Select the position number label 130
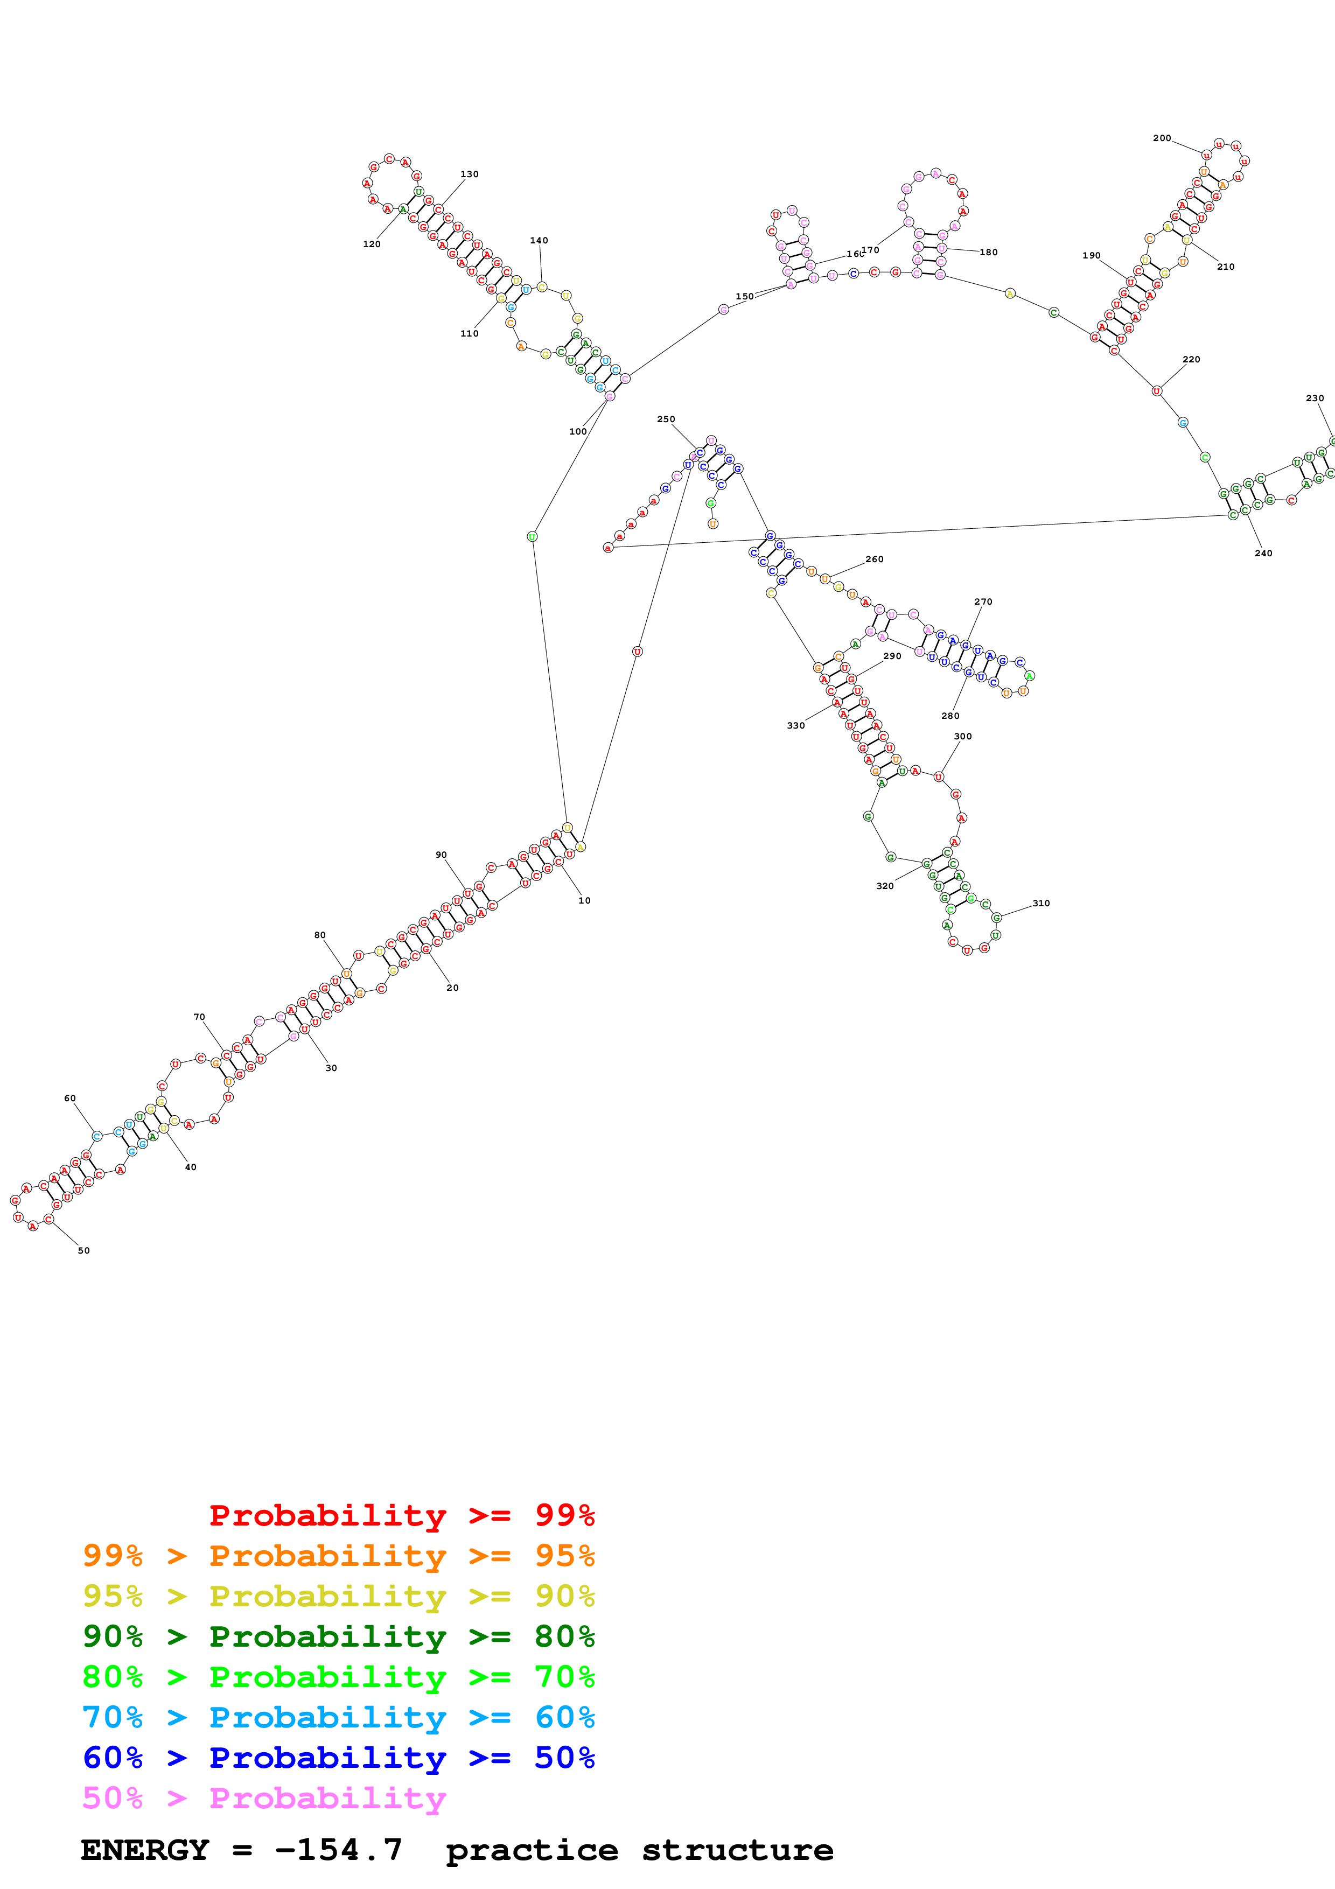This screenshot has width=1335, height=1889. click(x=470, y=174)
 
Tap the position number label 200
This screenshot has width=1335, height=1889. click(x=1162, y=138)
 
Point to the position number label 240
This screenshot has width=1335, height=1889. click(x=1263, y=553)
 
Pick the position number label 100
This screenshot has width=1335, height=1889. click(x=578, y=431)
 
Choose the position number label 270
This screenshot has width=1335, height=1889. click(x=983, y=601)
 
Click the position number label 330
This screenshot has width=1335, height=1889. click(x=795, y=726)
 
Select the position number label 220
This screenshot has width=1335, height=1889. click(x=1191, y=360)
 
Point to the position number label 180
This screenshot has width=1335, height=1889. click(x=989, y=253)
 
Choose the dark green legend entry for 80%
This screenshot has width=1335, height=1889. click(x=339, y=1636)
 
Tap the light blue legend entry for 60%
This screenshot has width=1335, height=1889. click(x=339, y=1717)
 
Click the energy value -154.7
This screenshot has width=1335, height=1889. click(x=339, y=1850)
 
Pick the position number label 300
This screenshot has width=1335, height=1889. click(x=962, y=736)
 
